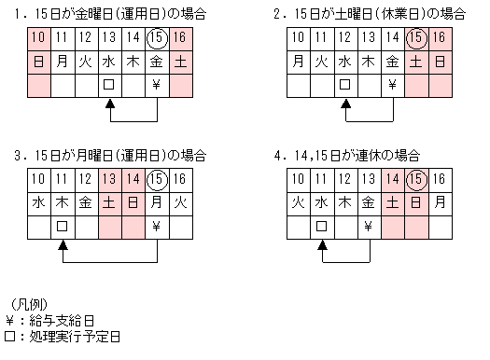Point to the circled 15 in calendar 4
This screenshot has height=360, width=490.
416,179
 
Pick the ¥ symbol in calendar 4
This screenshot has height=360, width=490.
369,226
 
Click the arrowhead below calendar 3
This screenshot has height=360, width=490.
62,244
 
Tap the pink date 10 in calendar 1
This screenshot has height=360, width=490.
38,38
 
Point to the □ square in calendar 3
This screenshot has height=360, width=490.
62,226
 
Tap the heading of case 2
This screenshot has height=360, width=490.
370,13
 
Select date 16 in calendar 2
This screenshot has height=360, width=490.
440,38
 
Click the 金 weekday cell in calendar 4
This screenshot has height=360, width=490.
369,202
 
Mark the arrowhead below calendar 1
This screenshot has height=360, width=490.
109,104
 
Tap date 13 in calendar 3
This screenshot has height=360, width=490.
109,179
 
